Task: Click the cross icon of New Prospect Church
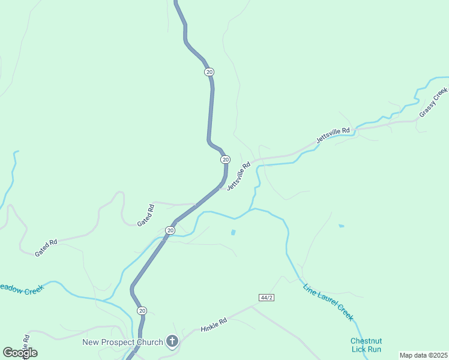pyautogui.click(x=172, y=343)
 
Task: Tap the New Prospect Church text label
pyautogui.click(x=122, y=343)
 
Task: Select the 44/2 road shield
pyautogui.click(x=267, y=298)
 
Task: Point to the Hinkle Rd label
pyautogui.click(x=214, y=325)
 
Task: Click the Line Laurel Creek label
pyautogui.click(x=328, y=302)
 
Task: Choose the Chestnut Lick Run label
pyautogui.click(x=366, y=345)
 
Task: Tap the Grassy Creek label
pyautogui.click(x=433, y=102)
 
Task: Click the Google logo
pyautogui.click(x=20, y=353)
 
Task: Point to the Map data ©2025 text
pyautogui.click(x=423, y=355)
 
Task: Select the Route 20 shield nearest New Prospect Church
pyautogui.click(x=142, y=310)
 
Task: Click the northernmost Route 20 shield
pyautogui.click(x=209, y=72)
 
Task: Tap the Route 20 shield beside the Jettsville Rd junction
pyautogui.click(x=225, y=160)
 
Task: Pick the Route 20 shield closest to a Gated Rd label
pyautogui.click(x=170, y=230)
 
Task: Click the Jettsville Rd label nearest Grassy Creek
pyautogui.click(x=333, y=135)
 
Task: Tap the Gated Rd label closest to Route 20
pyautogui.click(x=146, y=215)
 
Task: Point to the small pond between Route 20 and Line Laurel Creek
pyautogui.click(x=233, y=232)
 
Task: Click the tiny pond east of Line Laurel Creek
pyautogui.click(x=341, y=226)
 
